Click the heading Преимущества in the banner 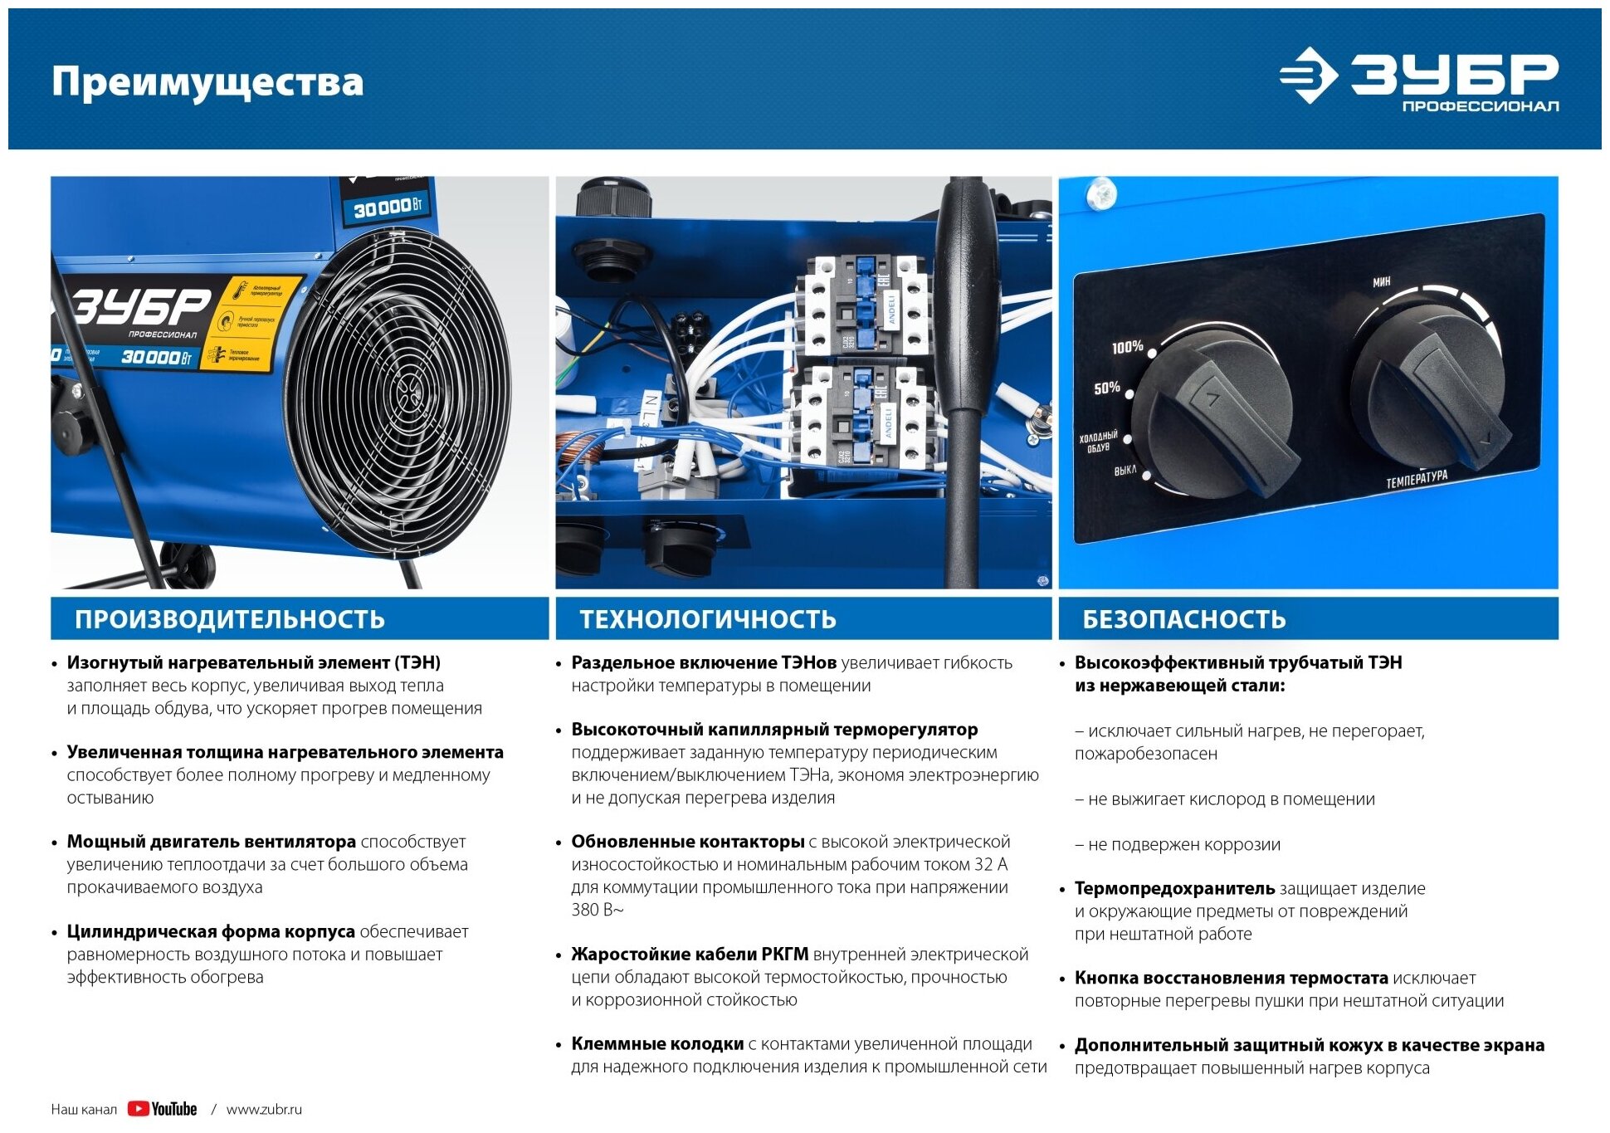coord(207,82)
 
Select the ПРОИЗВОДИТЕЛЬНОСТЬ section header coord(230,619)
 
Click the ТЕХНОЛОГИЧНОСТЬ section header coord(707,619)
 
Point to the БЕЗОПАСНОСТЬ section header coord(1183,619)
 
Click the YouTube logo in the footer coord(163,1109)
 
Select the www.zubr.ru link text coord(264,1110)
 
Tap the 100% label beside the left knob coord(1127,347)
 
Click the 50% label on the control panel coord(1106,388)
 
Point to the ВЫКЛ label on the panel coord(1125,471)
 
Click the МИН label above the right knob coord(1381,282)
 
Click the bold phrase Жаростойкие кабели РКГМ coord(690,955)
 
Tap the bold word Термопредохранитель coord(1173,888)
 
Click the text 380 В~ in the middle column coord(597,910)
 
